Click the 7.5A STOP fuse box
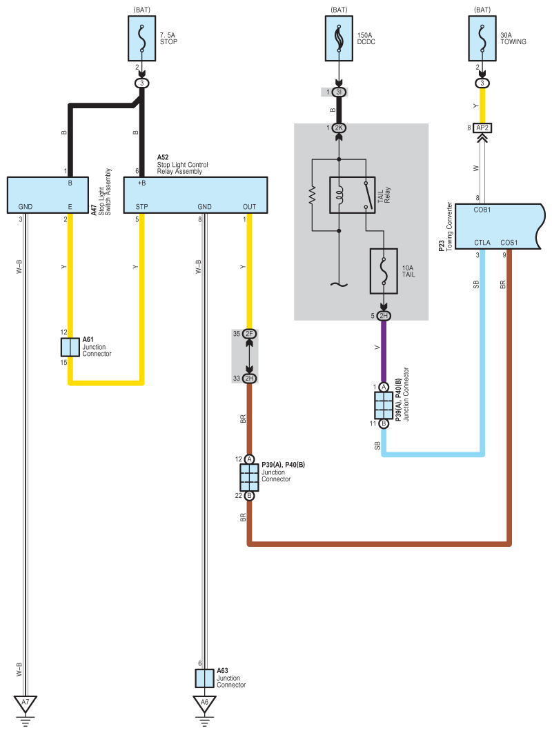click(142, 39)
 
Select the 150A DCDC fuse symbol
click(339, 39)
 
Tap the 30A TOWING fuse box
click(482, 39)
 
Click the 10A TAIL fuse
click(384, 271)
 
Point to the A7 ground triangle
click(26, 703)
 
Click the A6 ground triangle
click(204, 703)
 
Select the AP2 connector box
click(482, 128)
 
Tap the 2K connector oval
click(339, 128)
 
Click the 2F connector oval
click(249, 333)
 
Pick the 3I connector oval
click(339, 92)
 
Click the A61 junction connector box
click(70, 348)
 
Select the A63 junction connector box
click(204, 679)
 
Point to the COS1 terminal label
click(509, 243)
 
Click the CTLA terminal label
click(482, 243)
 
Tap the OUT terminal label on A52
click(249, 207)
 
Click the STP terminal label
click(141, 207)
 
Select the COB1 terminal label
click(482, 210)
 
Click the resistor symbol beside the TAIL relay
click(312, 195)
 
